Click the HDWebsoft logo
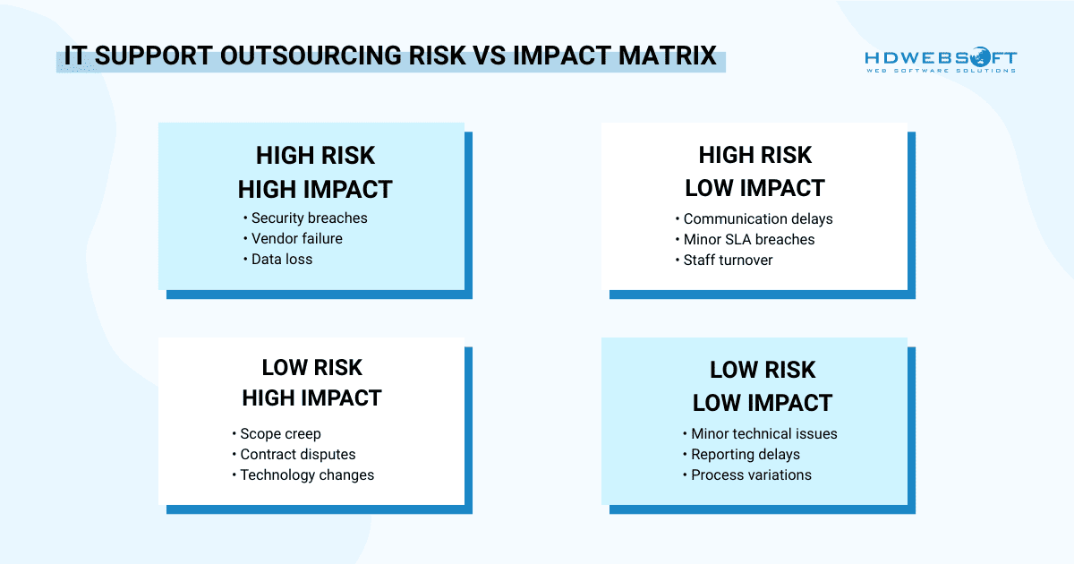click(x=940, y=60)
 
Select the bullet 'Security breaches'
click(x=309, y=218)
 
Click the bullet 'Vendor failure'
click(x=296, y=238)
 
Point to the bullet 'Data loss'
click(x=282, y=259)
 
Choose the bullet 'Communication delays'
click(x=757, y=218)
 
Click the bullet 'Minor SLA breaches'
click(x=748, y=239)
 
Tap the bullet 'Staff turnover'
click(x=728, y=260)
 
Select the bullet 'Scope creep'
click(x=280, y=433)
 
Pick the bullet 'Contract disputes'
click(x=297, y=454)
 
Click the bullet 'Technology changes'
click(x=307, y=474)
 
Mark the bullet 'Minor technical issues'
click(x=763, y=433)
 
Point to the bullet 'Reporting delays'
click(x=745, y=454)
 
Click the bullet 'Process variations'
click(x=751, y=474)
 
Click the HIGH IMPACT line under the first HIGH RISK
click(x=315, y=190)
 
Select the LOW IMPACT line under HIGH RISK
click(x=754, y=188)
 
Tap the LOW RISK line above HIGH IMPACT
click(x=311, y=368)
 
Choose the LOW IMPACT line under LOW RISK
click(x=763, y=403)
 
